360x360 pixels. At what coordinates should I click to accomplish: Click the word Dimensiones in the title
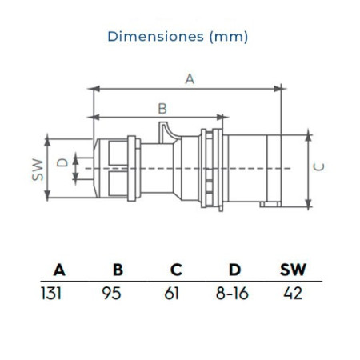[156, 36]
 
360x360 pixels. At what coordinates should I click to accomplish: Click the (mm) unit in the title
[229, 37]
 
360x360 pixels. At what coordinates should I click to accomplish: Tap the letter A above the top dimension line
[190, 79]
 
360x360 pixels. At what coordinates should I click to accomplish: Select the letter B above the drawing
[162, 109]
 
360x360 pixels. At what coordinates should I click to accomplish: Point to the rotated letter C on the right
[318, 166]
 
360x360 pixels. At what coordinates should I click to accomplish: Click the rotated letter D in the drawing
[63, 162]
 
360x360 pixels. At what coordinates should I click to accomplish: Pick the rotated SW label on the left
[38, 170]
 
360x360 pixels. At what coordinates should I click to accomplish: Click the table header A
[59, 270]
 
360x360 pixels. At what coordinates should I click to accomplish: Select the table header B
[118, 270]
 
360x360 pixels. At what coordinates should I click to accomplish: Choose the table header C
[176, 270]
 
